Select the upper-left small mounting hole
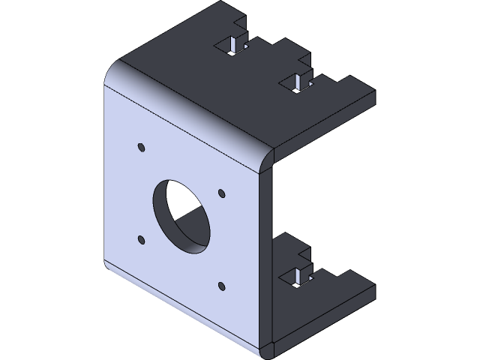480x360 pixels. [140, 146]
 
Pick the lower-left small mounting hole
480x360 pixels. [141, 240]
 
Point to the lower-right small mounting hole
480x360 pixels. [221, 285]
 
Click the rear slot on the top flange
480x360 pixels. [235, 46]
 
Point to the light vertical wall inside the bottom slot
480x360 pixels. [298, 274]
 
